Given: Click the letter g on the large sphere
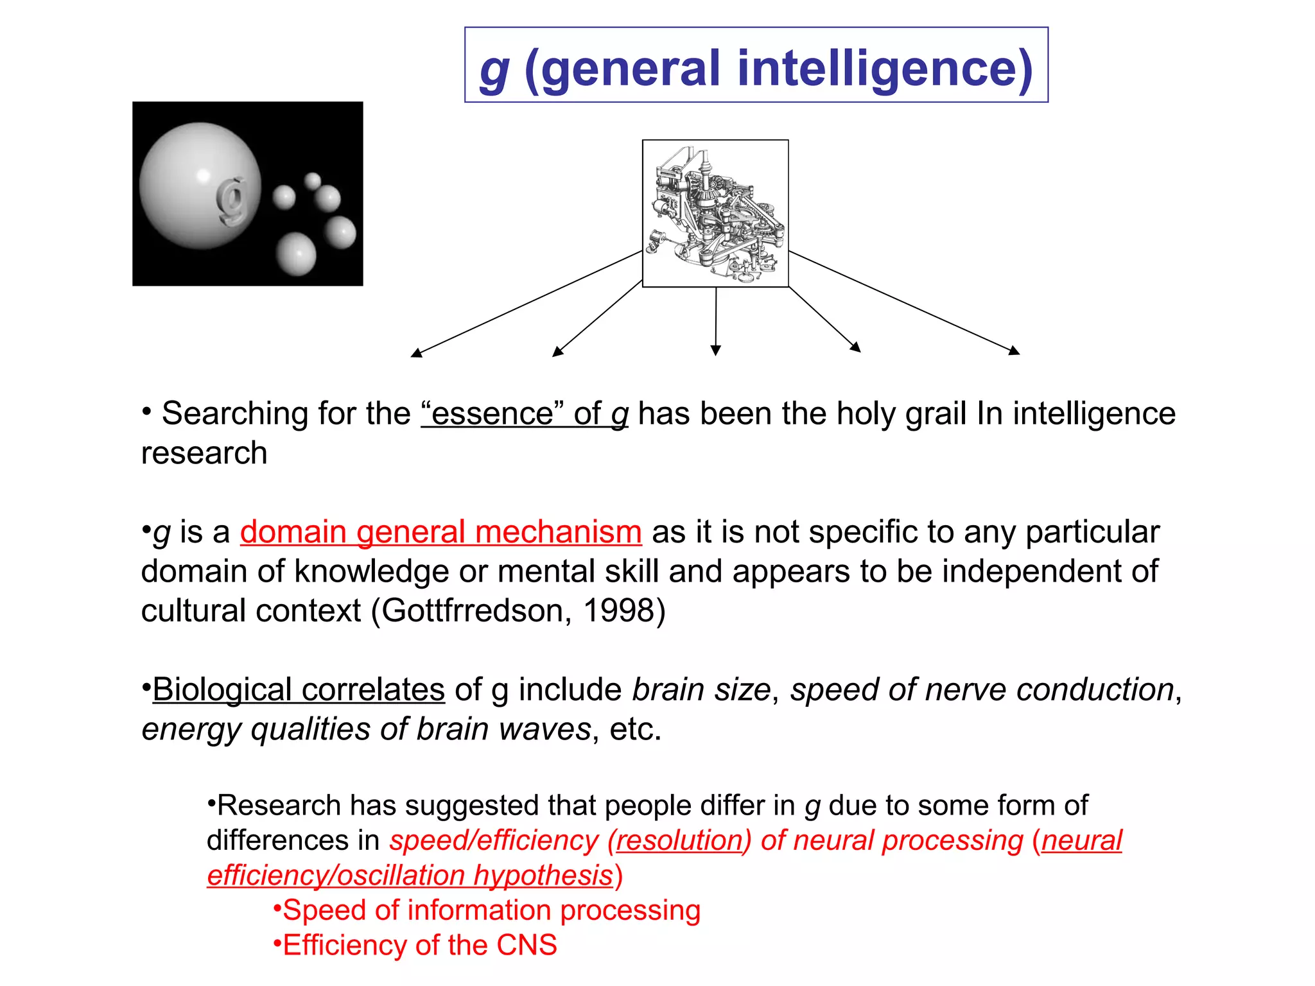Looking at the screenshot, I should click(231, 200).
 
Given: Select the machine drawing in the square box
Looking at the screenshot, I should click(715, 213).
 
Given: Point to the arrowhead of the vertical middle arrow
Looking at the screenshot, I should click(716, 350).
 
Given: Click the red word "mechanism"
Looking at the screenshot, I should click(558, 532).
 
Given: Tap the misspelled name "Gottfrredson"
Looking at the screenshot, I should click(472, 610).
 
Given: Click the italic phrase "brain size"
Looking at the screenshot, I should click(701, 689).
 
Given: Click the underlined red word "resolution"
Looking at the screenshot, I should click(679, 840).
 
